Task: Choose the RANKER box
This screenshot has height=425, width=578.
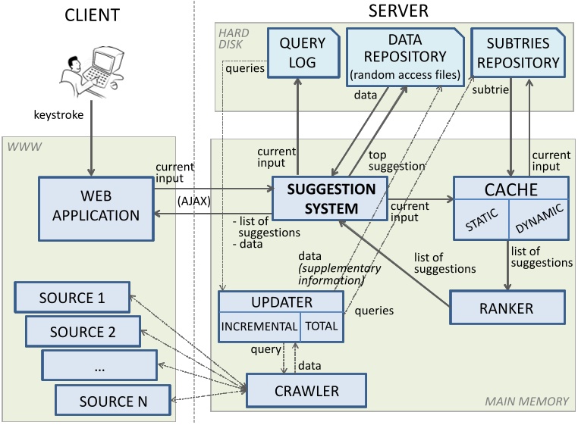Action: click(507, 308)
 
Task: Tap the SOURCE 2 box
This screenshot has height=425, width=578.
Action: click(83, 331)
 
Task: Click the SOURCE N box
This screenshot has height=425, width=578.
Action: click(113, 399)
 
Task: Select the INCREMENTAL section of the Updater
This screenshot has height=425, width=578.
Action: click(259, 327)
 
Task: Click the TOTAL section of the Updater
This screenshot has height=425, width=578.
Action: click(322, 327)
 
